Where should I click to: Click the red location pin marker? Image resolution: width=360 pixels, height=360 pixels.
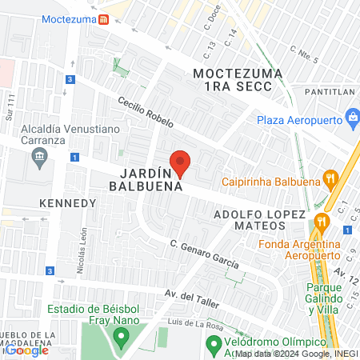tap(181, 162)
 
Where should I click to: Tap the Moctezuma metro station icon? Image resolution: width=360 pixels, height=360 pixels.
tap(103, 20)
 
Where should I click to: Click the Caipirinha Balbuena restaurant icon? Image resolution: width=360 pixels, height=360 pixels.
tap(328, 178)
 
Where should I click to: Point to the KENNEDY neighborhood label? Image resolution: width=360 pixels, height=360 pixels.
tap(67, 203)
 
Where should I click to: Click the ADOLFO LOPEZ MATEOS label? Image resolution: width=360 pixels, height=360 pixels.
tap(261, 221)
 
